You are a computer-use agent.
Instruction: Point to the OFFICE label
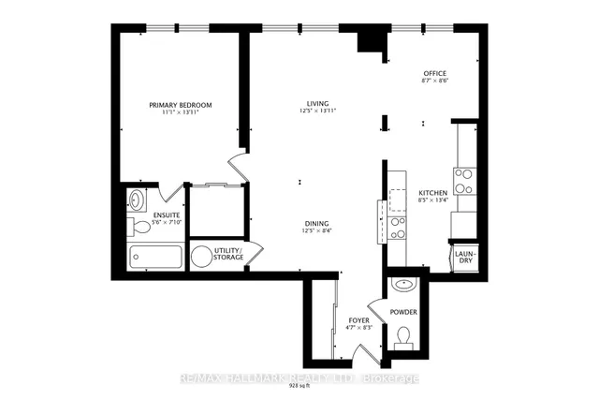pos(435,73)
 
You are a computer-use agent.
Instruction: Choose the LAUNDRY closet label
pos(465,257)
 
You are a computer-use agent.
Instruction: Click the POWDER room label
pos(404,312)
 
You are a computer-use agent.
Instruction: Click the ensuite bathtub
pos(155,257)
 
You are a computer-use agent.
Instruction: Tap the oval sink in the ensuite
pos(137,199)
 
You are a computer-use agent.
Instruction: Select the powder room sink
pos(404,284)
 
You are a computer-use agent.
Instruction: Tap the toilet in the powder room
pos(404,335)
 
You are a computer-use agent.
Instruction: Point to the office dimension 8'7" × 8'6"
pos(435,81)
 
